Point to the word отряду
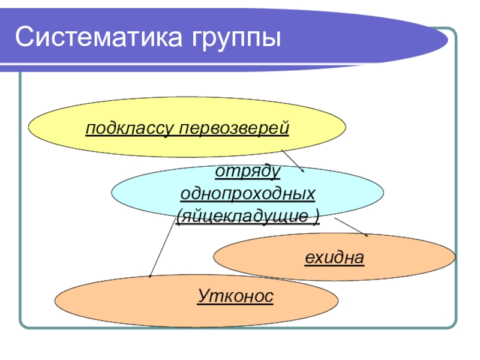pyautogui.click(x=248, y=172)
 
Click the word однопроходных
pyautogui.click(x=248, y=194)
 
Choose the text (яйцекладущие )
pyautogui.click(x=248, y=215)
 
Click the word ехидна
pyautogui.click(x=334, y=258)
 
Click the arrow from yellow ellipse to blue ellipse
pyautogui.click(x=293, y=161)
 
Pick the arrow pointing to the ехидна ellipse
pyautogui.click(x=352, y=227)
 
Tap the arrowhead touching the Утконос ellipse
pyautogui.click(x=150, y=276)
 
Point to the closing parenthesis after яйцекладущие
pyautogui.click(x=316, y=215)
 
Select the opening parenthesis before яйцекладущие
pyautogui.click(x=179, y=215)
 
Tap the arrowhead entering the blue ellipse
pyautogui.click(x=303, y=171)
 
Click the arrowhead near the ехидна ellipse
pyautogui.click(x=367, y=234)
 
